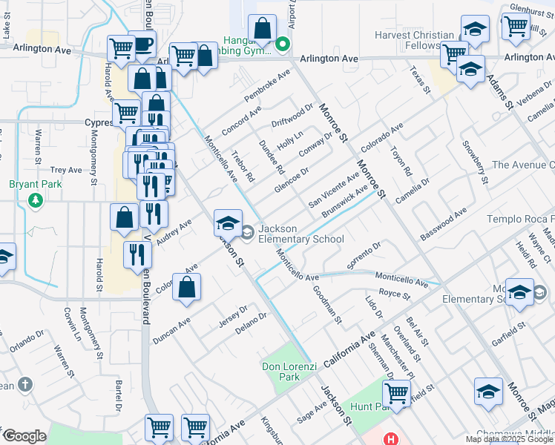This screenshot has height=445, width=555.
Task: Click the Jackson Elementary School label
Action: coord(301,234)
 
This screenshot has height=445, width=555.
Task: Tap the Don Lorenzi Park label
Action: coord(280,371)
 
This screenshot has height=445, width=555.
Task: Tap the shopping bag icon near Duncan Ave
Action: coord(187,288)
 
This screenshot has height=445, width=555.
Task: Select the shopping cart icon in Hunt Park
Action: coord(397,392)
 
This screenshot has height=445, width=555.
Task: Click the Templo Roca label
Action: coord(520,219)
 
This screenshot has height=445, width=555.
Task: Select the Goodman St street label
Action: coord(327,306)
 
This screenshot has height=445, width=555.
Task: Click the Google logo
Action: coord(24,436)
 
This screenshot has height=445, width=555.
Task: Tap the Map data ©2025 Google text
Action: coord(509,439)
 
